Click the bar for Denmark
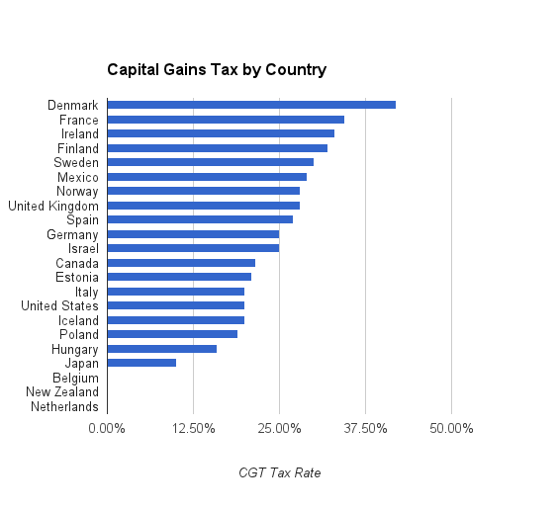coord(251,105)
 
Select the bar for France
coord(226,120)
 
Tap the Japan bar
coord(141,363)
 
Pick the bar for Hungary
coord(162,349)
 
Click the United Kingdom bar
coord(204,206)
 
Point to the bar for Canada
coord(181,263)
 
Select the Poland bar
coord(172,334)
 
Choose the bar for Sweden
coord(211,162)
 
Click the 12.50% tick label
coord(194,429)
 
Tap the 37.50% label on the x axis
coord(365,429)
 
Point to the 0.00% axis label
coord(107,429)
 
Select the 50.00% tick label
coord(451,429)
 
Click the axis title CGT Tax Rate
coord(280,473)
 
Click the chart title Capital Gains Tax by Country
coord(217,70)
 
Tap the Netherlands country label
coord(64,406)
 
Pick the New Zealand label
coord(62,391)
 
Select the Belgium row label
coord(75,378)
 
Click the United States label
coord(59,305)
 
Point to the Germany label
coord(72,235)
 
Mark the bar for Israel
coord(193,248)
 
